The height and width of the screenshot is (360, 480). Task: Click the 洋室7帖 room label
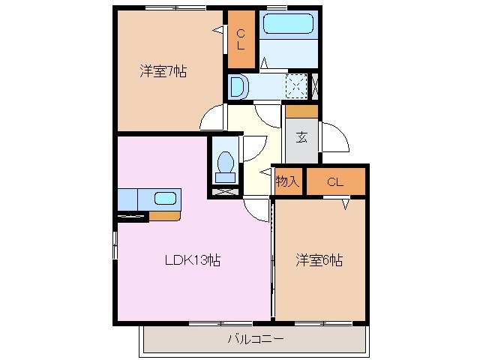pyautogui.click(x=163, y=72)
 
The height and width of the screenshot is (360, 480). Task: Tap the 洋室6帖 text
pyautogui.click(x=319, y=260)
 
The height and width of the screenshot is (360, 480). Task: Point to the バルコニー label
pyautogui.click(x=256, y=339)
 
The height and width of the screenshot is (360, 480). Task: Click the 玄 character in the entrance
pyautogui.click(x=301, y=136)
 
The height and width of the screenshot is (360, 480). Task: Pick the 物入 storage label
pyautogui.click(x=287, y=181)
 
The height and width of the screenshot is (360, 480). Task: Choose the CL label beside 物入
pyautogui.click(x=334, y=181)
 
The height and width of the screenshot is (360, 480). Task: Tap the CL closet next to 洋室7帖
pyautogui.click(x=241, y=40)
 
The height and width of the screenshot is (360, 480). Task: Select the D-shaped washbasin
pyautogui.click(x=238, y=87)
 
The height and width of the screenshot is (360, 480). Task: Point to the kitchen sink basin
pyautogui.click(x=165, y=199)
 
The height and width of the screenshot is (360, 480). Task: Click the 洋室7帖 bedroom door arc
pyautogui.click(x=214, y=117)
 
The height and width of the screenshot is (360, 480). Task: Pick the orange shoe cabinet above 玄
pyautogui.click(x=301, y=111)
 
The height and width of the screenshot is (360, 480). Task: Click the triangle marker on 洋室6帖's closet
pyautogui.click(x=346, y=202)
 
